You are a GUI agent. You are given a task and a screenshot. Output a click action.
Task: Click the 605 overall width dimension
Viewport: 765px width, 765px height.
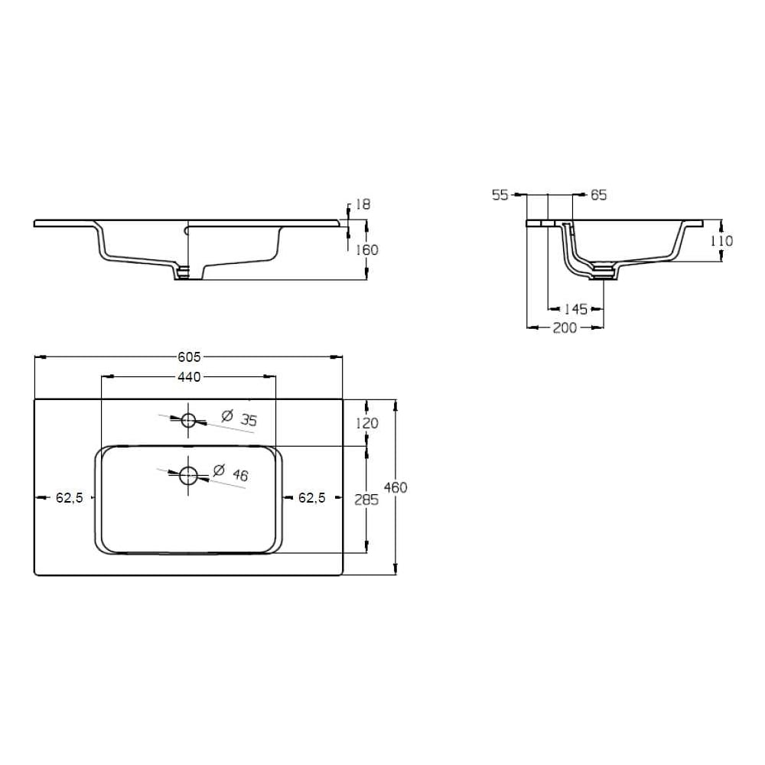pos(189,357)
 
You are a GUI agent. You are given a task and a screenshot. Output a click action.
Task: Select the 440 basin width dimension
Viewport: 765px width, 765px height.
pos(189,376)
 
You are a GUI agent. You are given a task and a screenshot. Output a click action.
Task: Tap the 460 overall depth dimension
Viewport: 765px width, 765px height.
pos(396,487)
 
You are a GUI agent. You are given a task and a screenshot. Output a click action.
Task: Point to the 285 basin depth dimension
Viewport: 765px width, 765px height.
pos(366,500)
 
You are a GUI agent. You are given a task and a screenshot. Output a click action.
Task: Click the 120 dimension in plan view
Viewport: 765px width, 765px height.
pos(366,424)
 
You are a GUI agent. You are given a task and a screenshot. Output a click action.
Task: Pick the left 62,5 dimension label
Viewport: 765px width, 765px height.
pos(70,498)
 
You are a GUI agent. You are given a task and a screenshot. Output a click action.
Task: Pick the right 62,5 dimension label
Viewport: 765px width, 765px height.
pos(312,498)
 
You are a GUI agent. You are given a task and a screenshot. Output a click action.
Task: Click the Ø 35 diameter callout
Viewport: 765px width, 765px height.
pos(239,418)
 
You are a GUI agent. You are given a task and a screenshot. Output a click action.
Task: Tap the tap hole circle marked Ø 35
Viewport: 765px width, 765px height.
pos(188,419)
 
